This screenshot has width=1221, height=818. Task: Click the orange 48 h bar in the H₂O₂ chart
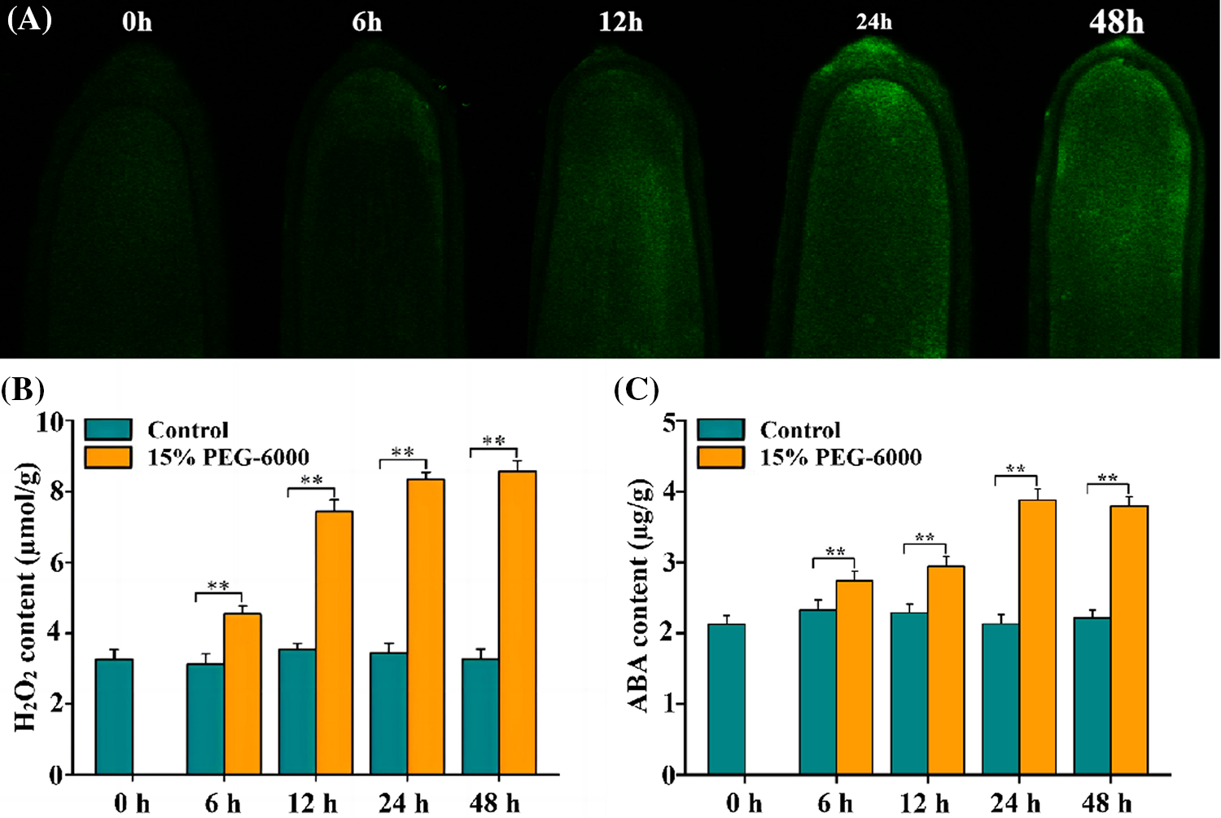[517, 623]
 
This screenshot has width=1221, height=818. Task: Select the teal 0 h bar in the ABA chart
[726, 699]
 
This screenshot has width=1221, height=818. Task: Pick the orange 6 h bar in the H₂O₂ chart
[243, 694]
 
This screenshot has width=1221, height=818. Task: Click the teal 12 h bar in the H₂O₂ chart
[297, 711]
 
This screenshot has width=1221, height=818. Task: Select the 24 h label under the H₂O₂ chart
[403, 803]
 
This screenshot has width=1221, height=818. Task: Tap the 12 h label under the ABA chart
[924, 803]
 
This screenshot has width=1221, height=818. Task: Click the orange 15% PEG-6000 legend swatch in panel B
[108, 456]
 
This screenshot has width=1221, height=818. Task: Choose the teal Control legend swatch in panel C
[720, 429]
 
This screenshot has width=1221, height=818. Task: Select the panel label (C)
[637, 389]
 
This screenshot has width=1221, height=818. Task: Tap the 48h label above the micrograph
[1116, 22]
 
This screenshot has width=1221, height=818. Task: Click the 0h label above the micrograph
[137, 22]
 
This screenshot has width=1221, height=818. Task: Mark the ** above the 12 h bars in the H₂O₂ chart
[312, 481]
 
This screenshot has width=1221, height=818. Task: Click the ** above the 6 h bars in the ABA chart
[835, 552]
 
